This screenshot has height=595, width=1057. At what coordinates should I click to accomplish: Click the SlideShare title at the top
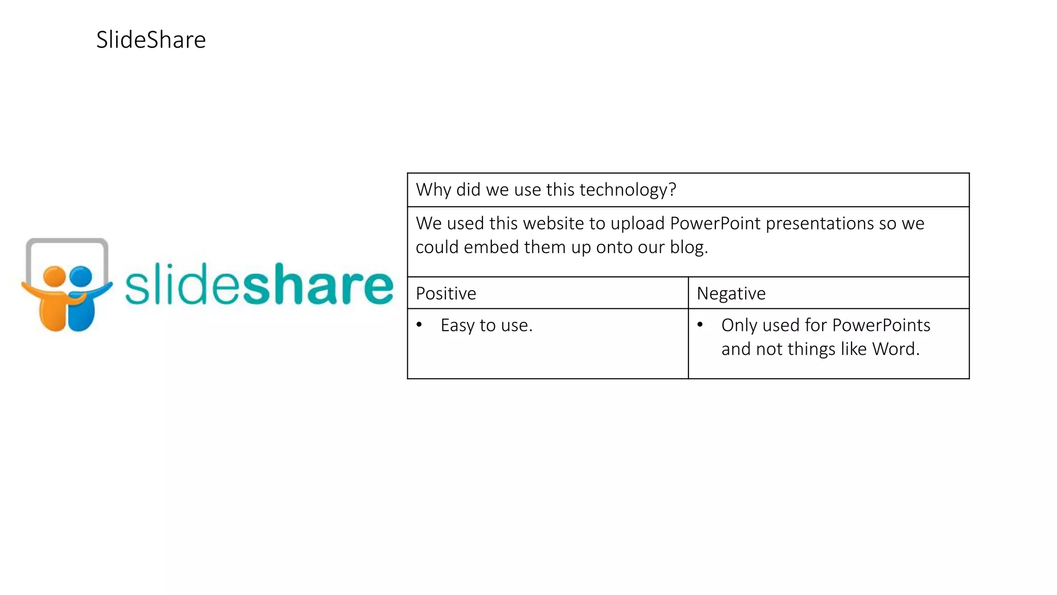pyautogui.click(x=151, y=40)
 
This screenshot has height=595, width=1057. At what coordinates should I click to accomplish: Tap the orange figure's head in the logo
pyautogui.click(x=54, y=276)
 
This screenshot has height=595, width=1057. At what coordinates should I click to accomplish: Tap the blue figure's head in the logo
pyautogui.click(x=81, y=276)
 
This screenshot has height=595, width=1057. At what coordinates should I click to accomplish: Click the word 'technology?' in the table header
pyautogui.click(x=628, y=190)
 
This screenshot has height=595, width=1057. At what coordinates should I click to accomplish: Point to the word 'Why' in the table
pyautogui.click(x=434, y=190)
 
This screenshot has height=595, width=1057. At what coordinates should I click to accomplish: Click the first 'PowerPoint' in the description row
pyautogui.click(x=715, y=224)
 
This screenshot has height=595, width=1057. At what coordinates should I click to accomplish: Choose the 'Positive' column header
pyautogui.click(x=446, y=293)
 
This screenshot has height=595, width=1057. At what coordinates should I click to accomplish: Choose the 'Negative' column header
pyautogui.click(x=731, y=293)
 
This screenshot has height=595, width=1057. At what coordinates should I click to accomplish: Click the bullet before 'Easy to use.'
pyautogui.click(x=419, y=325)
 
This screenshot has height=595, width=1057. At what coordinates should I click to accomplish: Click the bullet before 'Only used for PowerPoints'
pyautogui.click(x=700, y=325)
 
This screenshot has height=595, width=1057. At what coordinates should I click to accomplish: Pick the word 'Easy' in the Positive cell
pyautogui.click(x=457, y=326)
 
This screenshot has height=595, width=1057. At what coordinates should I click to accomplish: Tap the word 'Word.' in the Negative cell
pyautogui.click(x=896, y=349)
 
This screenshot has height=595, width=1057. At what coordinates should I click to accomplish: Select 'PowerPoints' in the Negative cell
pyautogui.click(x=881, y=325)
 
